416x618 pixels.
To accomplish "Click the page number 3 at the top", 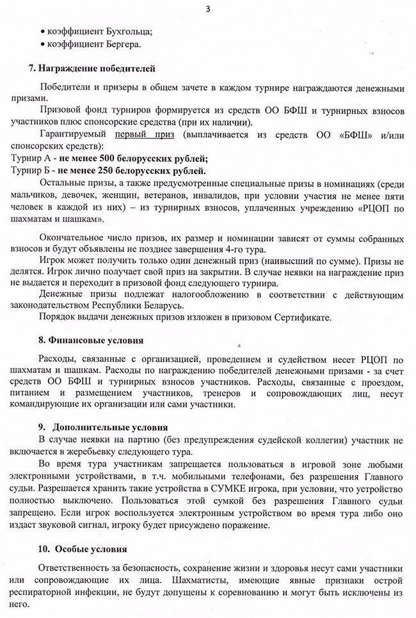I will point(208,8).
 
